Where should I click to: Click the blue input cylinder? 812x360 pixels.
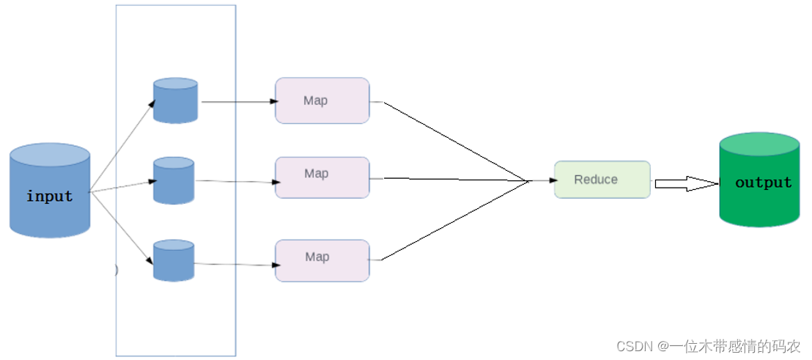pyautogui.click(x=50, y=190)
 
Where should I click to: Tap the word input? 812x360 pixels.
pyautogui.click(x=50, y=196)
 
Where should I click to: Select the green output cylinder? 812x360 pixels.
pyautogui.click(x=760, y=180)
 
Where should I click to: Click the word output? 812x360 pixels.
pyautogui.click(x=764, y=183)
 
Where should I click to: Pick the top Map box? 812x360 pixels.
pyautogui.click(x=322, y=100)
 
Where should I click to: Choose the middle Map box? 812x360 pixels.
pyautogui.click(x=322, y=177)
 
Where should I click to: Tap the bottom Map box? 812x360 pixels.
pyautogui.click(x=322, y=260)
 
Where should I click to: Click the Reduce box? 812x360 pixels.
pyautogui.click(x=602, y=179)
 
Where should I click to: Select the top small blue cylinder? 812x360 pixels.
pyautogui.click(x=176, y=100)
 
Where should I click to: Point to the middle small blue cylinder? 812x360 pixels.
pyautogui.click(x=174, y=180)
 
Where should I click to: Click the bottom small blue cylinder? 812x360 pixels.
pyautogui.click(x=174, y=260)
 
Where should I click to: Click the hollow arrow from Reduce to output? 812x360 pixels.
pyautogui.click(x=687, y=183)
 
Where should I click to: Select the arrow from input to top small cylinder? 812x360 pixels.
pyautogui.click(x=122, y=146)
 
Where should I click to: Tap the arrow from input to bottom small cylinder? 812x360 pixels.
pyautogui.click(x=122, y=229)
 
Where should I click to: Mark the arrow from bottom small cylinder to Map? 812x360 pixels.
pyautogui.click(x=234, y=265)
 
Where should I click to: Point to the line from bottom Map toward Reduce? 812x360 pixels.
pyautogui.click(x=454, y=221)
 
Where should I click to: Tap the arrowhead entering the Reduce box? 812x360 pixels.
pyautogui.click(x=553, y=181)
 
